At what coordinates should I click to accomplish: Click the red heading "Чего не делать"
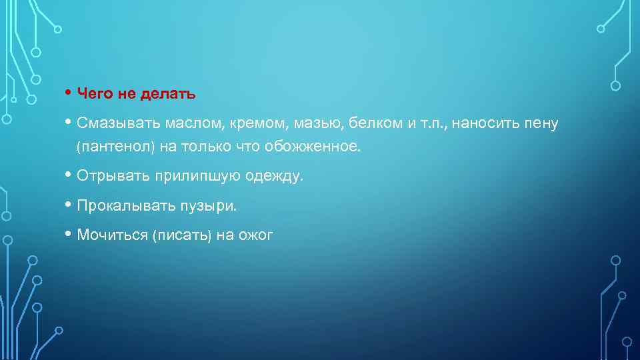[x=136, y=94]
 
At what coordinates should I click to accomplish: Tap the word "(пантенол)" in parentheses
[x=115, y=147]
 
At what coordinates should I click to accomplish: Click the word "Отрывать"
[x=113, y=177]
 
